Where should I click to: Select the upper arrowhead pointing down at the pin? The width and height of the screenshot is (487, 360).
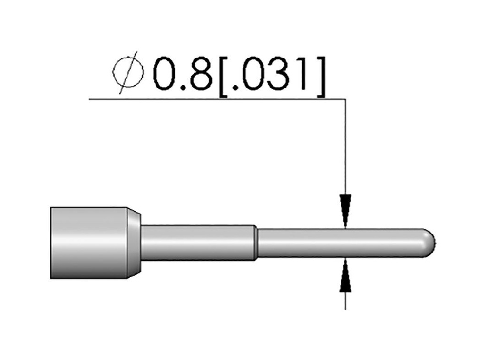pyautogui.click(x=345, y=208)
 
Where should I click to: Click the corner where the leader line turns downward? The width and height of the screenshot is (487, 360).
pyautogui.click(x=345, y=99)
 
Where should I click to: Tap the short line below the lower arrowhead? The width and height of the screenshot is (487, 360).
pyautogui.click(x=345, y=300)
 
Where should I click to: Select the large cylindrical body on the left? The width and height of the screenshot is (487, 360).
pyautogui.click(x=88, y=243)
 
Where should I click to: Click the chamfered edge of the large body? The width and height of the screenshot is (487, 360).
pyautogui.click(x=134, y=243)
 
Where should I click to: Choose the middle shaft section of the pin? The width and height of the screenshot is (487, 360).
pyautogui.click(x=197, y=243)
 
